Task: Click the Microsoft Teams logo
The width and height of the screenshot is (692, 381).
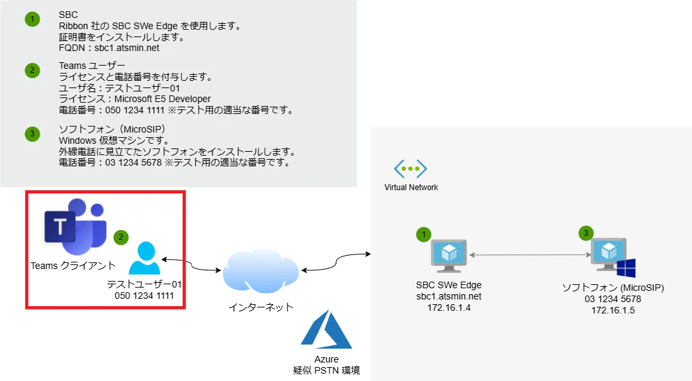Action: click(x=75, y=227)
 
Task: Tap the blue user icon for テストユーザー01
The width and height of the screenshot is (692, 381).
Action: click(x=144, y=258)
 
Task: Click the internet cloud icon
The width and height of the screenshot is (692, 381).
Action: click(x=261, y=270)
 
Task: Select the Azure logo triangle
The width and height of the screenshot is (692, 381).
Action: click(x=326, y=330)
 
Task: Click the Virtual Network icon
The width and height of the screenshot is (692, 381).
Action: click(x=410, y=169)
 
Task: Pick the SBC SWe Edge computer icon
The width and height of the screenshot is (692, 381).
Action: click(x=449, y=256)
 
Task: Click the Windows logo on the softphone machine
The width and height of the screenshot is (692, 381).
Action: click(x=626, y=268)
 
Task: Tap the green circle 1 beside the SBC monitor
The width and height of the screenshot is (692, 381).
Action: click(x=423, y=235)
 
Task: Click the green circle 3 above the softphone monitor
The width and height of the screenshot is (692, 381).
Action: click(x=585, y=233)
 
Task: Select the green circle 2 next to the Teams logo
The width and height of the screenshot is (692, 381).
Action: click(x=120, y=237)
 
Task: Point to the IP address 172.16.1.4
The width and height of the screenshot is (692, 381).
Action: click(x=449, y=307)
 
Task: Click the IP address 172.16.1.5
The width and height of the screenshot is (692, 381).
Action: click(x=613, y=310)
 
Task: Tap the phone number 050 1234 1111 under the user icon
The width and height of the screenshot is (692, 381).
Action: click(x=144, y=296)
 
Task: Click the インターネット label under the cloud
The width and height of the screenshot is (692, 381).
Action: click(x=261, y=307)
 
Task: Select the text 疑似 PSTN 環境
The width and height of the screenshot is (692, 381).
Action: click(x=327, y=370)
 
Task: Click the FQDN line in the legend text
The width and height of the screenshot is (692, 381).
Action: click(x=109, y=48)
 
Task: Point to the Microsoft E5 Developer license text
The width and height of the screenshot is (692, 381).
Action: click(x=162, y=99)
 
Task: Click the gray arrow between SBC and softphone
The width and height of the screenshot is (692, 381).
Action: click(x=530, y=254)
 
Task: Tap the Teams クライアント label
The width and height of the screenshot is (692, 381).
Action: click(x=73, y=266)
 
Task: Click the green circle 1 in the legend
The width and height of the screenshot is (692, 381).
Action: click(x=32, y=19)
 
